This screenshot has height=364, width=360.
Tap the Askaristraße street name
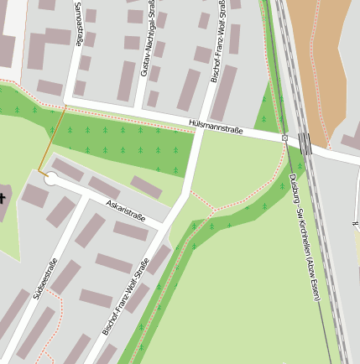point(126,211)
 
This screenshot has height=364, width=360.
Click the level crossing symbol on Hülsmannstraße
point(285,138)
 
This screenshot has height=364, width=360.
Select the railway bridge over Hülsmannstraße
point(305,143)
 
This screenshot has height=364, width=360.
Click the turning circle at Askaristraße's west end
point(50,178)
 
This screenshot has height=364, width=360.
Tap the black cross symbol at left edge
point(3,197)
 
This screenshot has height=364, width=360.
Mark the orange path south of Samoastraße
point(51,139)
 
